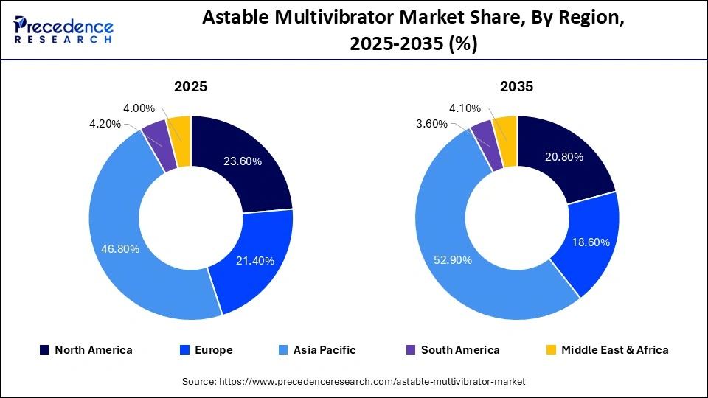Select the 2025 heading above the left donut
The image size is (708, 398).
(190, 86)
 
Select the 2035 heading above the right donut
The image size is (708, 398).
(517, 86)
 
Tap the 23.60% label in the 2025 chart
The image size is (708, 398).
(243, 162)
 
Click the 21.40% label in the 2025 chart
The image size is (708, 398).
(254, 260)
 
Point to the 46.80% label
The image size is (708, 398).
(119, 249)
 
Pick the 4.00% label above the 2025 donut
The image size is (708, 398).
(139, 108)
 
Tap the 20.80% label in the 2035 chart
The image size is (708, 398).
(563, 157)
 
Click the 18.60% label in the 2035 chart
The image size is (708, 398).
(587, 243)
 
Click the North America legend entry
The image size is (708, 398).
(86, 350)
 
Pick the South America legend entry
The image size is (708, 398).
(451, 350)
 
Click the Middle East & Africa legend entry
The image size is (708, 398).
(606, 350)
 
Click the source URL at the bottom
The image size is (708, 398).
(353, 381)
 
